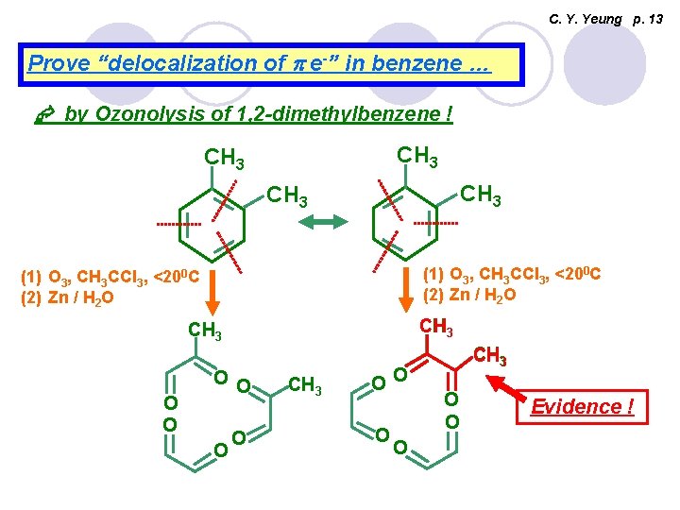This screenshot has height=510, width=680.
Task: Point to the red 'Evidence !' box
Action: click(x=582, y=407)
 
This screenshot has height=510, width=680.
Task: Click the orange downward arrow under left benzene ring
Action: click(x=213, y=292)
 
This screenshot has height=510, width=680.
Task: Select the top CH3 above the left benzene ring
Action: click(x=225, y=155)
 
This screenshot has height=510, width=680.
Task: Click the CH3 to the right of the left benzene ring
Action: click(x=288, y=197)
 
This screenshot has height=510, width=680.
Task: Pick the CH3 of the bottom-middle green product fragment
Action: click(x=305, y=384)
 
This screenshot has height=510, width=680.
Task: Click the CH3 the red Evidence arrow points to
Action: click(x=490, y=357)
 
